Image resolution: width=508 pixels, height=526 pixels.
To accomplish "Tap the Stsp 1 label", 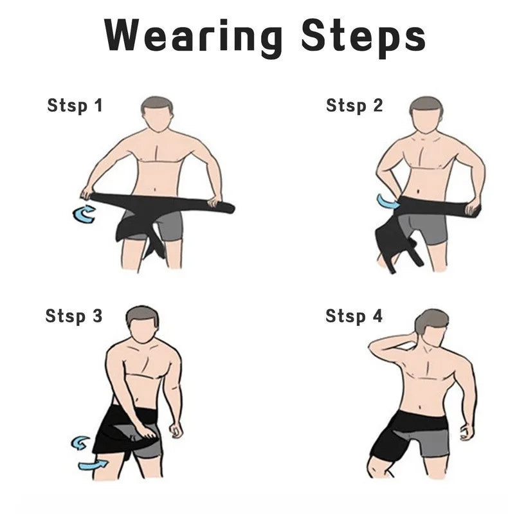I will coord(75,105).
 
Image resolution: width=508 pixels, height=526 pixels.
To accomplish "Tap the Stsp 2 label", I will coord(354,105).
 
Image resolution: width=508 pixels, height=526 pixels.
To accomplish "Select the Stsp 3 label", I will coord(73,316).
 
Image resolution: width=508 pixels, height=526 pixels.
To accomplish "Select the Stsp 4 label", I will coord(354,316).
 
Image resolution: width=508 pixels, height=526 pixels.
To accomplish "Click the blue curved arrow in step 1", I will coord(84,214).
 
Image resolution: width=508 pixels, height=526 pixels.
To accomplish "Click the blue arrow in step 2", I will coord(387,201).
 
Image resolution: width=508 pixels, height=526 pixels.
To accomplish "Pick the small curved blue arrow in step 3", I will coord(81,442).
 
